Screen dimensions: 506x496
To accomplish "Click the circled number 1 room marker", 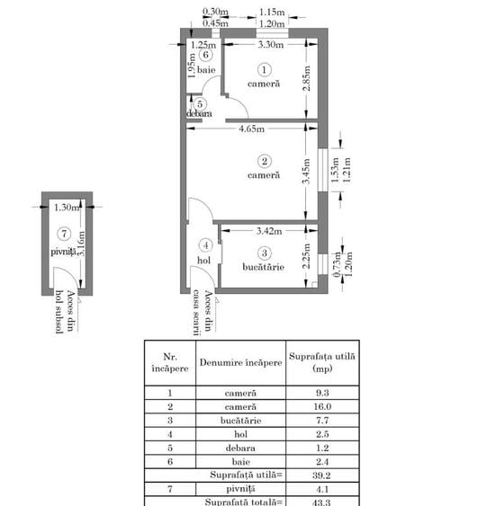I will (264, 68).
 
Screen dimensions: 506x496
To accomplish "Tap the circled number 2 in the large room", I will (264, 161).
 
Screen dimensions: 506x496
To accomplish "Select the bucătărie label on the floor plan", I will (264, 267).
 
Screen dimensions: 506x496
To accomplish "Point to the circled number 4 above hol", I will (206, 244).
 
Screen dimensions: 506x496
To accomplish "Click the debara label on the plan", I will (199, 114).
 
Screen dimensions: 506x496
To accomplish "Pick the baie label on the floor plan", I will (206, 68).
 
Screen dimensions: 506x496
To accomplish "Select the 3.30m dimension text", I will (270, 44).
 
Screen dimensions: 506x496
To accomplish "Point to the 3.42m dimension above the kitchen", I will (259, 232).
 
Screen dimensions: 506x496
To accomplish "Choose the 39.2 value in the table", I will (321, 476).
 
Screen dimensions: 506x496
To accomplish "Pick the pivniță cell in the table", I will (240, 490).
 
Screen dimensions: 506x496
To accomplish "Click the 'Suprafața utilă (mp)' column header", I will (321, 362).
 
